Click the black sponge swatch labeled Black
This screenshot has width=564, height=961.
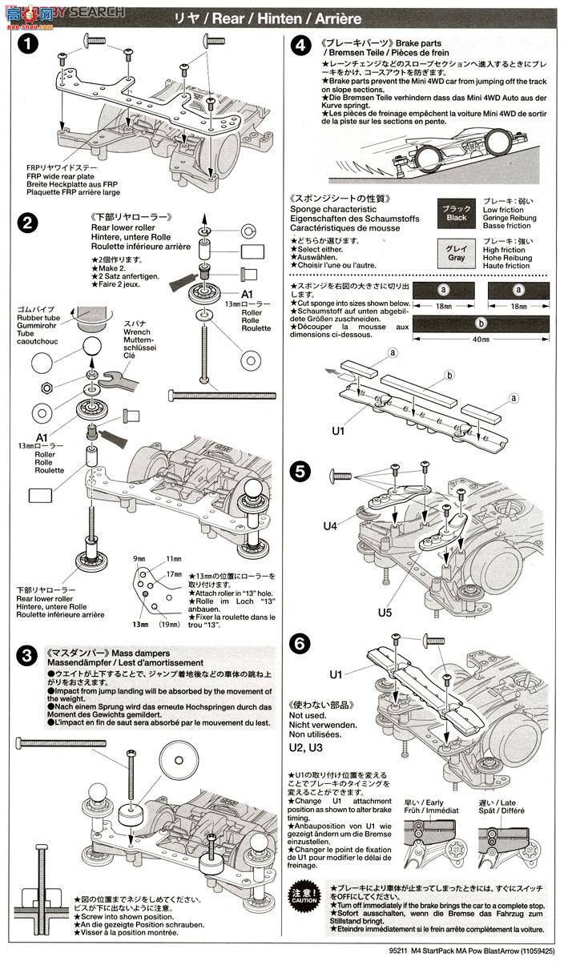coord(456,213)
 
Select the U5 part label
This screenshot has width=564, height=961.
coord(384,613)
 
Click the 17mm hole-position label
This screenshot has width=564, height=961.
coord(174,573)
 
